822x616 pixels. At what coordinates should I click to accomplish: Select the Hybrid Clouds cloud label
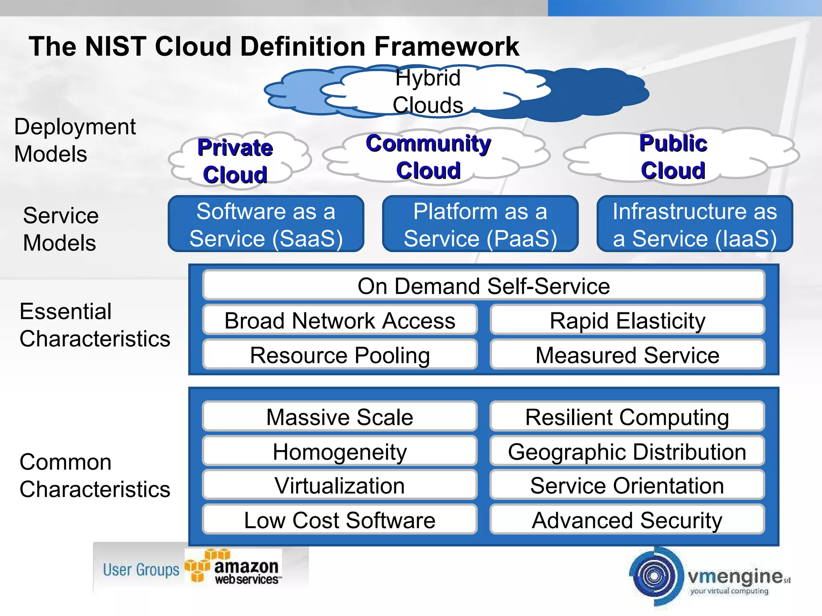click(x=428, y=91)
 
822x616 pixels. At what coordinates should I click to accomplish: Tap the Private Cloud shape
click(x=236, y=161)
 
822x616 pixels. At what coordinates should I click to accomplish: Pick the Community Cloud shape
click(x=428, y=157)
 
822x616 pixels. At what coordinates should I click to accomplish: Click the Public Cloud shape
click(x=673, y=157)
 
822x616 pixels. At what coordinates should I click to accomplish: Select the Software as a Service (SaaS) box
click(x=266, y=224)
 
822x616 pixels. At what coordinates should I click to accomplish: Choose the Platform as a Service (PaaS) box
click(x=480, y=224)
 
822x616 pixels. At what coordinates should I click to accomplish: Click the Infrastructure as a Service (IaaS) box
click(x=694, y=224)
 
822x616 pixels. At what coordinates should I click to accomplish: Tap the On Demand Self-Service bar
click(x=483, y=286)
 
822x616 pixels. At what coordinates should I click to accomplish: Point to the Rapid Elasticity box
click(x=627, y=320)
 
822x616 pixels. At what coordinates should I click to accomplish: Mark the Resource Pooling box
click(x=340, y=355)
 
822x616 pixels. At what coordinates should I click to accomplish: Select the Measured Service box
click(x=627, y=355)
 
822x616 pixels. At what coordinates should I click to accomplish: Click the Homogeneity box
click(x=340, y=452)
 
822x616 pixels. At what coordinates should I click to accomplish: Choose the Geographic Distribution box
click(x=627, y=452)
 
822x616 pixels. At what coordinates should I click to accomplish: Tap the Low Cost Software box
click(x=340, y=520)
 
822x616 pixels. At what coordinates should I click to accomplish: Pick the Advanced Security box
click(x=627, y=520)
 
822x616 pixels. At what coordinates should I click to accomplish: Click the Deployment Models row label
click(x=75, y=140)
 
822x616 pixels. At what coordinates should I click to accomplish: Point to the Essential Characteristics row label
click(x=95, y=325)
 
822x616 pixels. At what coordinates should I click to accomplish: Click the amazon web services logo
click(x=235, y=568)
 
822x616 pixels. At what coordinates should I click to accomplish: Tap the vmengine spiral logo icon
click(x=655, y=576)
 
